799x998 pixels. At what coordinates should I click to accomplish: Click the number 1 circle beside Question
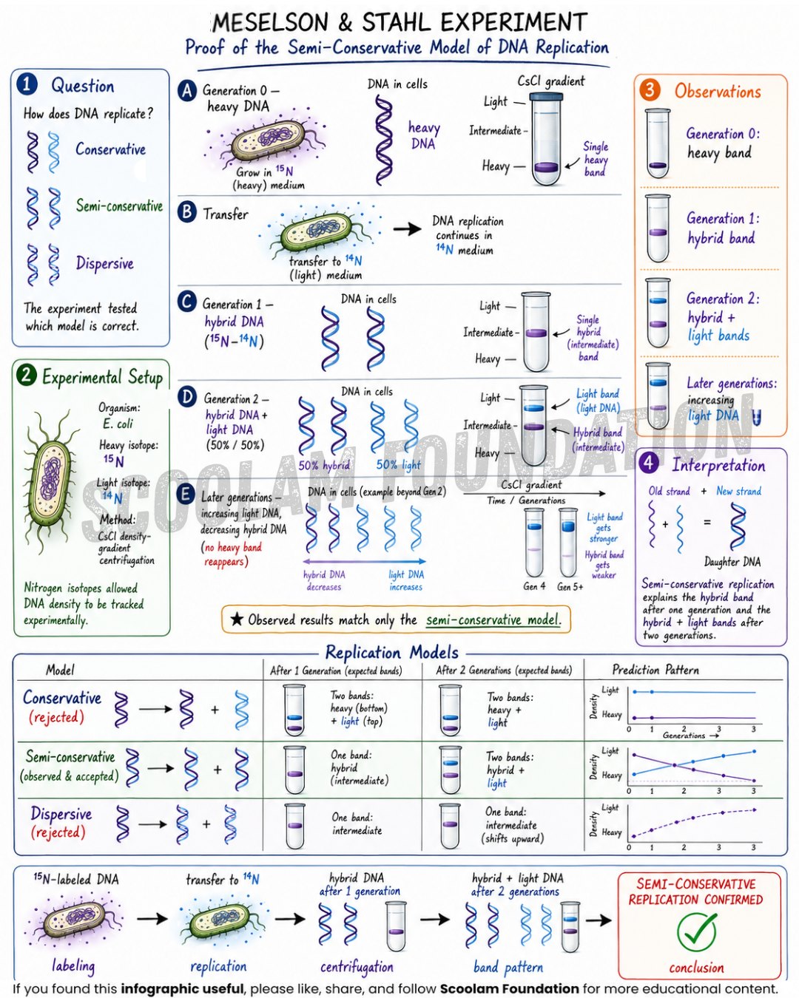[27, 85]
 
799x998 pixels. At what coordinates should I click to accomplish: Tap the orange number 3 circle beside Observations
[650, 90]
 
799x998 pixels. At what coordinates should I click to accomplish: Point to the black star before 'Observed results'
[237, 619]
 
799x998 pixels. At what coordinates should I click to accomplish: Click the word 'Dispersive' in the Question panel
[105, 263]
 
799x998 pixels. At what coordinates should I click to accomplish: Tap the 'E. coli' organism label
[118, 424]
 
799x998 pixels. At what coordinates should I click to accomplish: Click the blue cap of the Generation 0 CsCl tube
[547, 96]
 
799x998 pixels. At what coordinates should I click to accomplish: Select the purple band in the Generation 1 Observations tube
[658, 232]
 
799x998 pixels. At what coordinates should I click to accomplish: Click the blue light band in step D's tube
[533, 409]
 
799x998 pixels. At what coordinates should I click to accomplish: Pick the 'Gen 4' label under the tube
[534, 586]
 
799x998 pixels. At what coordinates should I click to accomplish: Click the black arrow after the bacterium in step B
[407, 228]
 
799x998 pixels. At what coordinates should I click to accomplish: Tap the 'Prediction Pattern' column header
[655, 670]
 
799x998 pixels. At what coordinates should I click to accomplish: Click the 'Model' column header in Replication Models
[60, 670]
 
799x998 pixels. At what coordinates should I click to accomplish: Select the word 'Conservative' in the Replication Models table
[62, 698]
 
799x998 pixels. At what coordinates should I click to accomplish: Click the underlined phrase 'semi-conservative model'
[493, 620]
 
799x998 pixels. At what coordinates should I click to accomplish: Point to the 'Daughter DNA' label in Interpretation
[732, 562]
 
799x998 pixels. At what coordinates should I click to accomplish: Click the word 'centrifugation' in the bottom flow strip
[357, 967]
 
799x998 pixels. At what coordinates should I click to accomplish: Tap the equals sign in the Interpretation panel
[707, 522]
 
